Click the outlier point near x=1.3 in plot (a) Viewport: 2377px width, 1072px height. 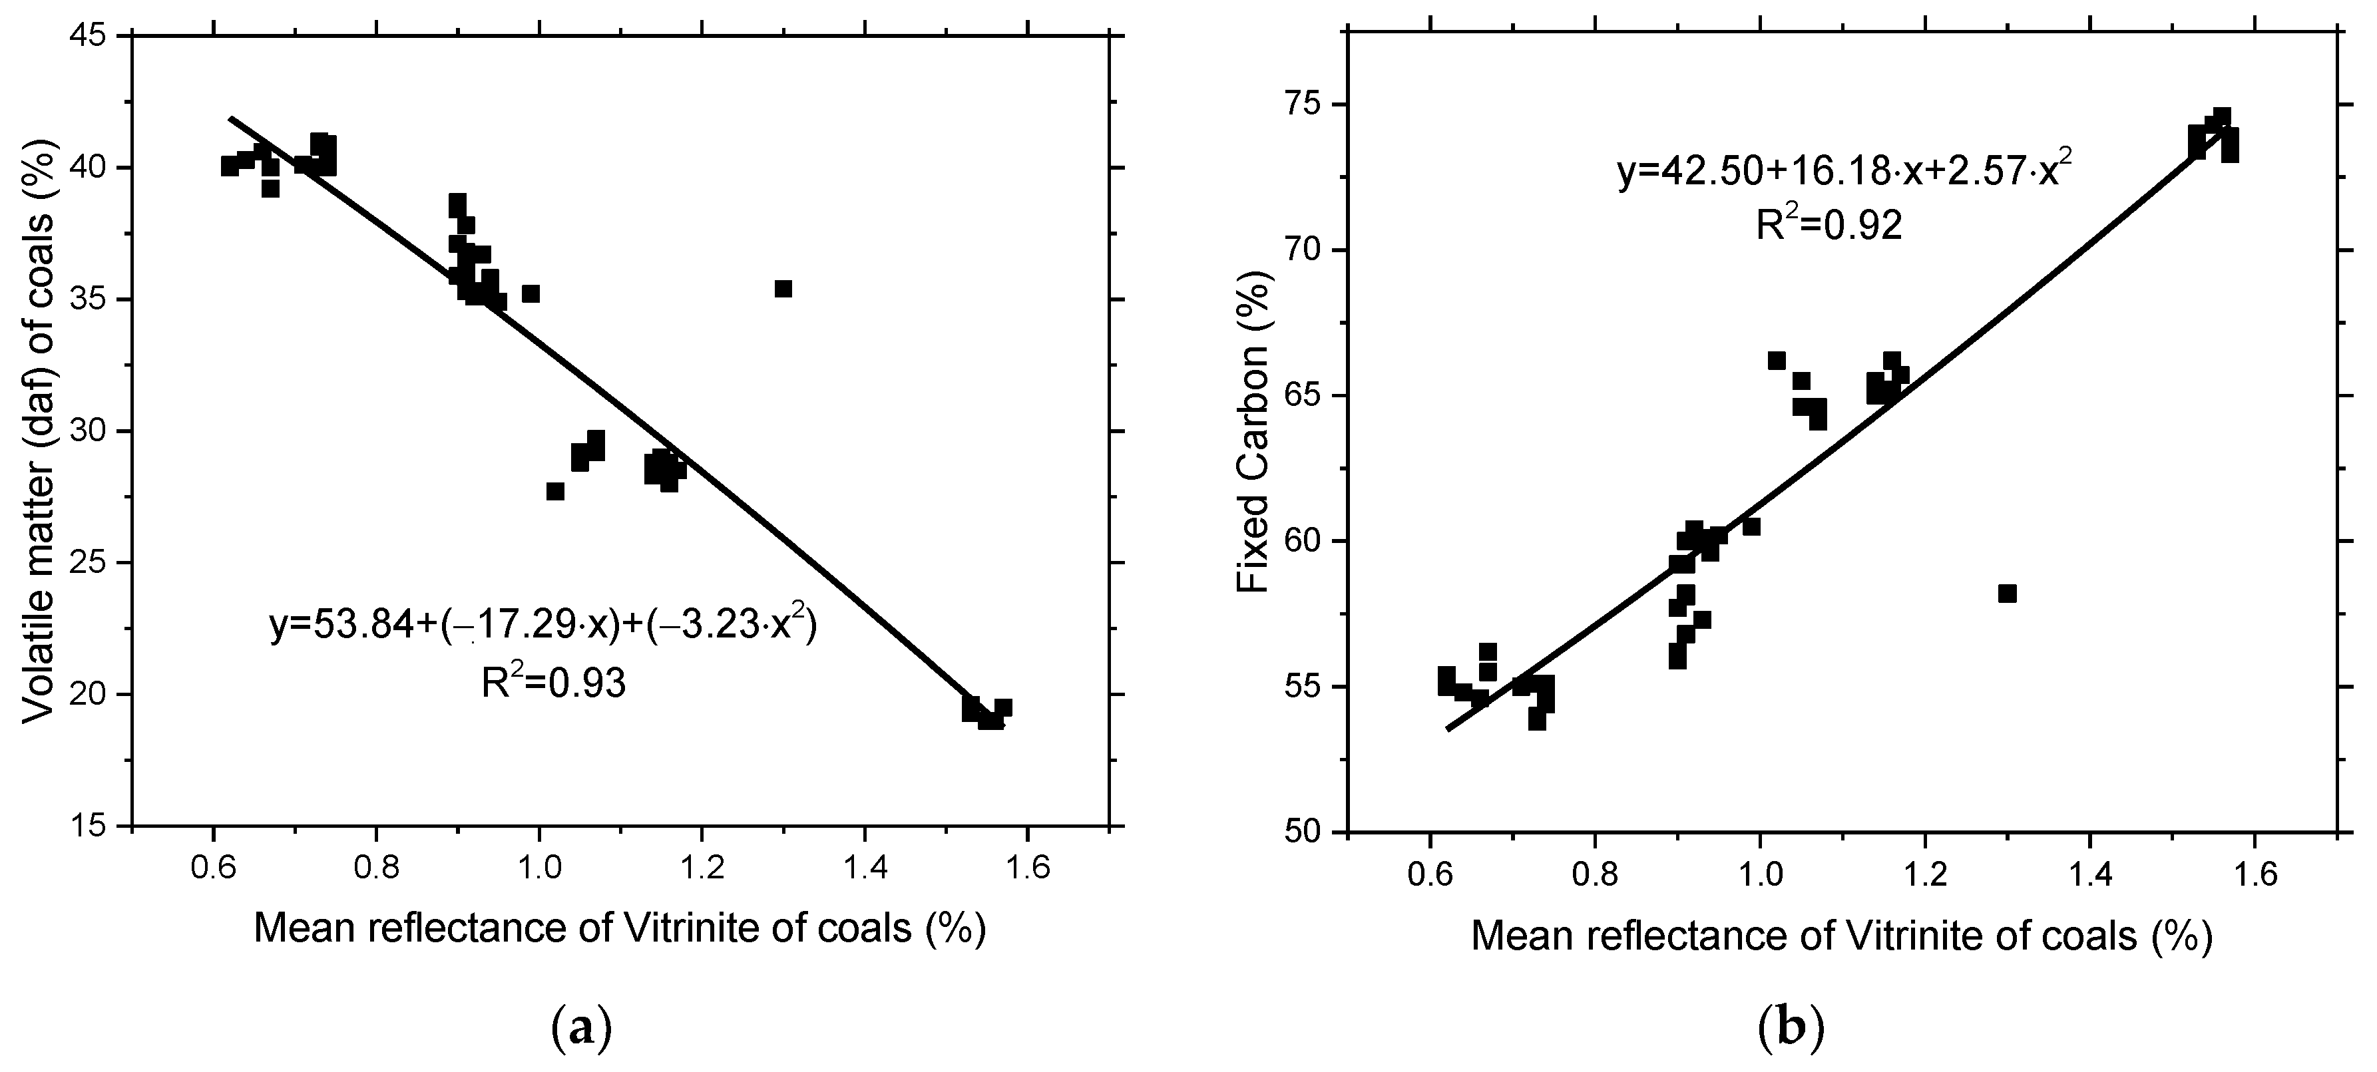pyautogui.click(x=783, y=289)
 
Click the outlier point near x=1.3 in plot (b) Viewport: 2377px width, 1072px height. pyautogui.click(x=2007, y=593)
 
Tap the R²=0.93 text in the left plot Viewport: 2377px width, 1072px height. pyautogui.click(x=554, y=683)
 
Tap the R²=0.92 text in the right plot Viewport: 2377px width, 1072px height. pyautogui.click(x=1829, y=224)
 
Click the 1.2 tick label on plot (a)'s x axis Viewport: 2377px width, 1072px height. pyautogui.click(x=702, y=869)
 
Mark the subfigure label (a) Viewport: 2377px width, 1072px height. pyautogui.click(x=581, y=1027)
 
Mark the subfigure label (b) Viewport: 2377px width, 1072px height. pyautogui.click(x=1792, y=1027)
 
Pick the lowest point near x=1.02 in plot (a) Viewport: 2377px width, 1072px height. pyautogui.click(x=554, y=491)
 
